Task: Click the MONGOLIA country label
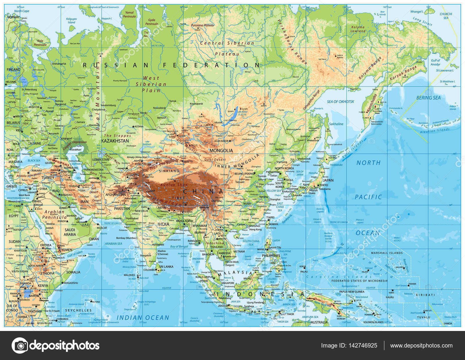pos(221,150)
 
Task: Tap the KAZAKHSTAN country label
pos(115,141)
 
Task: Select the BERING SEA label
pos(428,98)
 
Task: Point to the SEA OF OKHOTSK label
pos(340,102)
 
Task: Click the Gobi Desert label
pos(215,159)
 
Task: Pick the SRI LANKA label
pos(166,267)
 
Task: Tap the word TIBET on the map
pos(178,198)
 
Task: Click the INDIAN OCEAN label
pos(143,318)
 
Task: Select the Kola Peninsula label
pos(40,43)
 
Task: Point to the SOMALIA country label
pos(73,272)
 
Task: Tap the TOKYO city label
pos(323,185)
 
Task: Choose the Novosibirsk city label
pos(159,108)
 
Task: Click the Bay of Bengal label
pos(179,246)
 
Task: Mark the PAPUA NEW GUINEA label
pos(352,292)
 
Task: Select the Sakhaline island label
pos(336,124)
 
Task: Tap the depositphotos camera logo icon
pos(20,345)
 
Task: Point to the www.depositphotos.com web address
pos(421,345)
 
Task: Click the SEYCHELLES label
pos(78,310)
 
